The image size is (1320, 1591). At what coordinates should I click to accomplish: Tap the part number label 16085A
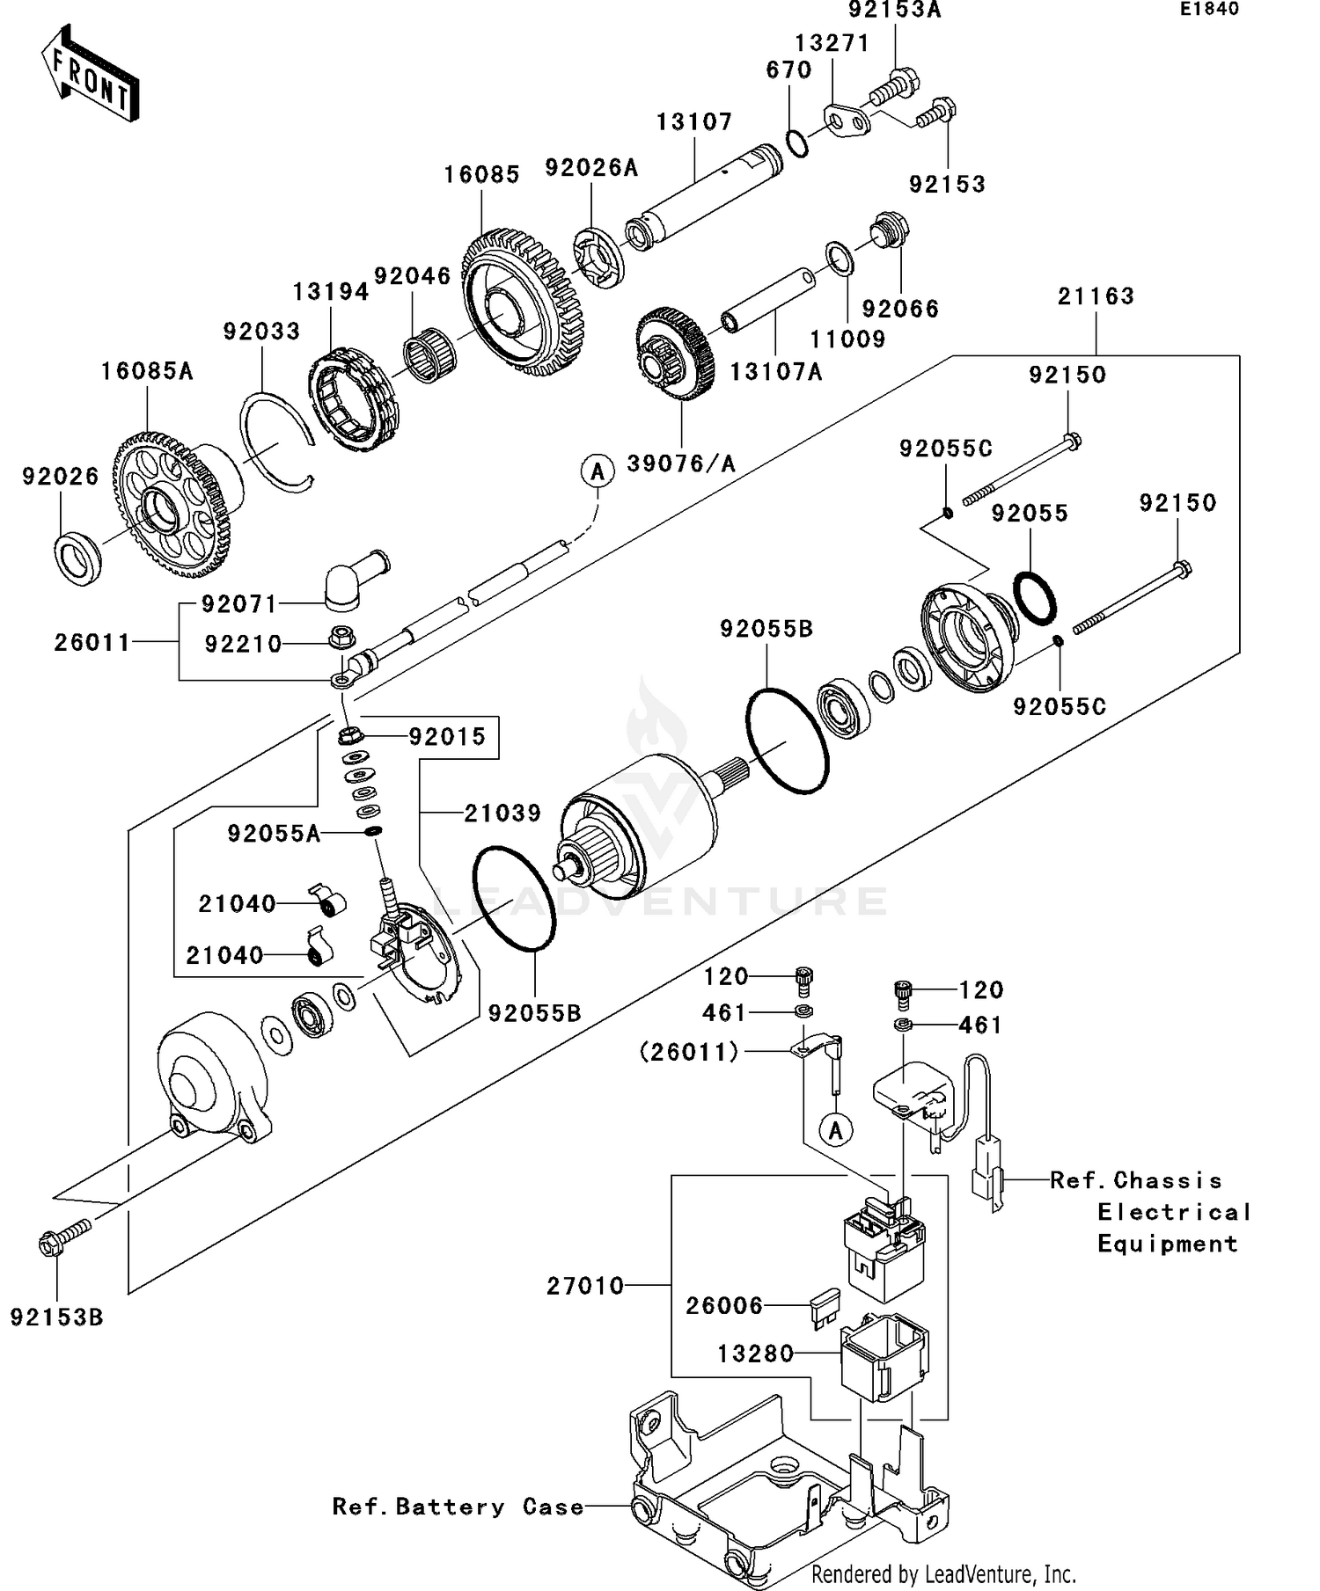click(147, 371)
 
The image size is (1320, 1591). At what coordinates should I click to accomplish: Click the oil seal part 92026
click(78, 558)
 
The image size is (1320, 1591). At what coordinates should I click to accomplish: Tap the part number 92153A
click(894, 11)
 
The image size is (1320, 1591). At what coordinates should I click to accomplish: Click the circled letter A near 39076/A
click(598, 471)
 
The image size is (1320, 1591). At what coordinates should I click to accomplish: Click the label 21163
click(1096, 296)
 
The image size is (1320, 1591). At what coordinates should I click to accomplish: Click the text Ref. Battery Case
click(458, 1507)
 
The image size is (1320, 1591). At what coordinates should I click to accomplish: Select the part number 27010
click(585, 1286)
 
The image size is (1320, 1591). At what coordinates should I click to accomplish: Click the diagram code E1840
click(1209, 9)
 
